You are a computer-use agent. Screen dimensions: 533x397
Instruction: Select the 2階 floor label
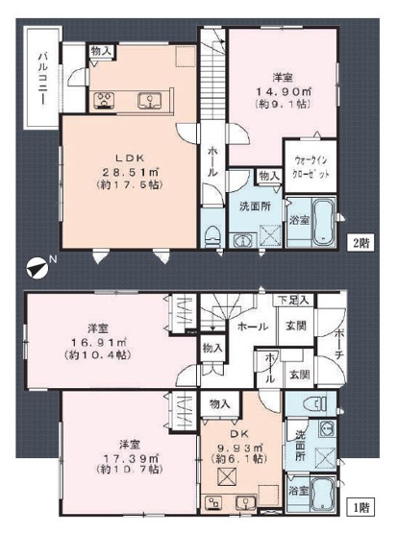360,243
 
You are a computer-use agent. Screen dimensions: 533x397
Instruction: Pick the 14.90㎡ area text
277,93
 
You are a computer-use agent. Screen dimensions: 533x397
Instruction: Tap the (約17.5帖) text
126,188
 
